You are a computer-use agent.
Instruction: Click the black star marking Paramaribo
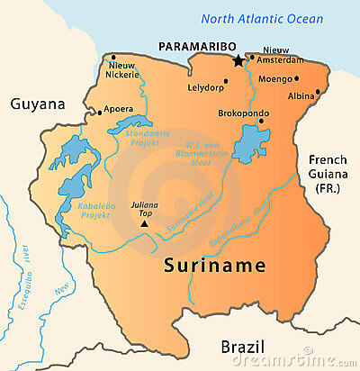(238, 60)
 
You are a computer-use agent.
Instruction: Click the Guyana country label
(38, 104)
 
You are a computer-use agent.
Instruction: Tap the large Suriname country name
(215, 266)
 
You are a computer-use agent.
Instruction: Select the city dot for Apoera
(98, 113)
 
